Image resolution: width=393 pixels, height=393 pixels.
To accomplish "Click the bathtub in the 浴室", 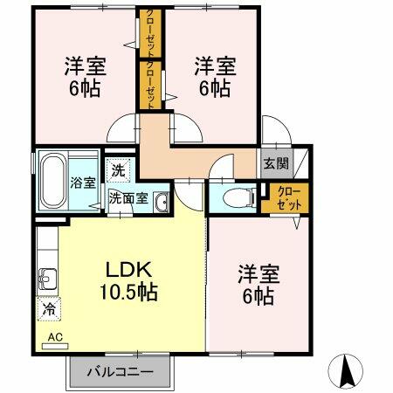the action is click(52, 181).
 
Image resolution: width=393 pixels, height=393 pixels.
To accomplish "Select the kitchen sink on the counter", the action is click(47, 279).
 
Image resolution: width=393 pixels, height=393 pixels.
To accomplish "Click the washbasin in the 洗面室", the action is click(161, 202).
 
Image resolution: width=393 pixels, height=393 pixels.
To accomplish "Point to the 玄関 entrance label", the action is click(276, 163).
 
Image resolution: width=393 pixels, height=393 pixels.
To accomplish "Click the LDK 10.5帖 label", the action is click(128, 280).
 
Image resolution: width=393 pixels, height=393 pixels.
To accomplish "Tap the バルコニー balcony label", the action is click(121, 372).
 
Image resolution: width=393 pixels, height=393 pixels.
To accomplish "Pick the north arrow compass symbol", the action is click(346, 371).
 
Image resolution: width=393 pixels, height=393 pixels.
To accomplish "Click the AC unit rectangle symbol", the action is click(55, 346).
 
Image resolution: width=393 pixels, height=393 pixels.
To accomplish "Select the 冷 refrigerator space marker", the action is click(49, 309).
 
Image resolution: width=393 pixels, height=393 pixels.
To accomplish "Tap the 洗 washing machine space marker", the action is click(118, 170).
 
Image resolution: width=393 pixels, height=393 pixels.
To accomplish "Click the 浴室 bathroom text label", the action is click(83, 183).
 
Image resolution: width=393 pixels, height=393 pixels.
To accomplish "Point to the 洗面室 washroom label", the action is click(129, 198).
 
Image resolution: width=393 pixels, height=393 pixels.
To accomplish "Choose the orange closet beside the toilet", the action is click(285, 198).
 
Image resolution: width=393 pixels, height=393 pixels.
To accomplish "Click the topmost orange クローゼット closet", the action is click(150, 33).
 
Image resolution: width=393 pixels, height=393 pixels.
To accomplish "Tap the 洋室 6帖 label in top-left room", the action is click(85, 77).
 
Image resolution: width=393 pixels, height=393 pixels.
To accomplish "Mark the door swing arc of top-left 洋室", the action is click(116, 124).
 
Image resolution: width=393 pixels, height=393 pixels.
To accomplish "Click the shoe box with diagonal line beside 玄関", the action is click(300, 163).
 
